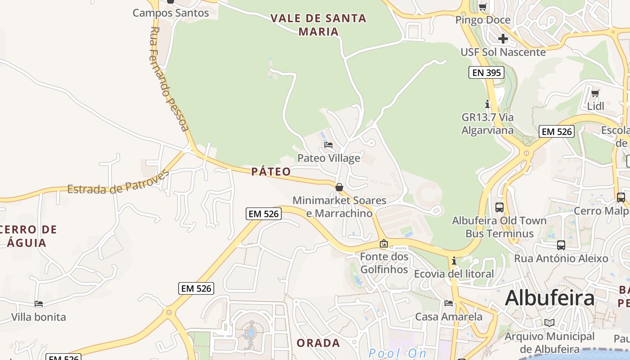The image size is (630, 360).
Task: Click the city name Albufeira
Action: [x=549, y=298]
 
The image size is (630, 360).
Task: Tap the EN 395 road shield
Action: [x=486, y=72]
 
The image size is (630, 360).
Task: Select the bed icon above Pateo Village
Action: [x=328, y=145]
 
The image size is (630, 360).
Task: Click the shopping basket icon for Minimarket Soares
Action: [x=339, y=187]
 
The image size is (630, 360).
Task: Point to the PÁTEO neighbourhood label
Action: [x=271, y=171]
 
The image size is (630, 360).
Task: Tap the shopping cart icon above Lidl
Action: [x=595, y=94]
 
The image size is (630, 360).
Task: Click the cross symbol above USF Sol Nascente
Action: [x=503, y=39]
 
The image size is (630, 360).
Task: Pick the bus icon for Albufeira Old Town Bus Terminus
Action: [x=499, y=207]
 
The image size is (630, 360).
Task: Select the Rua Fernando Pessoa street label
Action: [x=169, y=79]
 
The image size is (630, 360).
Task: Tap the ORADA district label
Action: [x=318, y=343]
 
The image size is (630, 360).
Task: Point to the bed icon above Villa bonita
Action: [x=39, y=304]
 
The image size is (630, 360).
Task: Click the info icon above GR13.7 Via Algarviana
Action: [x=487, y=104]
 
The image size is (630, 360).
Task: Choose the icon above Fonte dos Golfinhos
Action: [x=384, y=243]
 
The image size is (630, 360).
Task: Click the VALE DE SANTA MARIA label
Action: [x=318, y=25]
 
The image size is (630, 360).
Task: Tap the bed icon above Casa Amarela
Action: [x=448, y=303]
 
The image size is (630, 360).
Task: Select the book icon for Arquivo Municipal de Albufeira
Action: [x=549, y=323]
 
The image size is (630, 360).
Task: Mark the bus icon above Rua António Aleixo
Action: [x=561, y=245]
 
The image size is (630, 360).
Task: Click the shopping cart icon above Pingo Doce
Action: [x=483, y=7]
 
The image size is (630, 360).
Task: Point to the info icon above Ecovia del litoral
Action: [x=454, y=261]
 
